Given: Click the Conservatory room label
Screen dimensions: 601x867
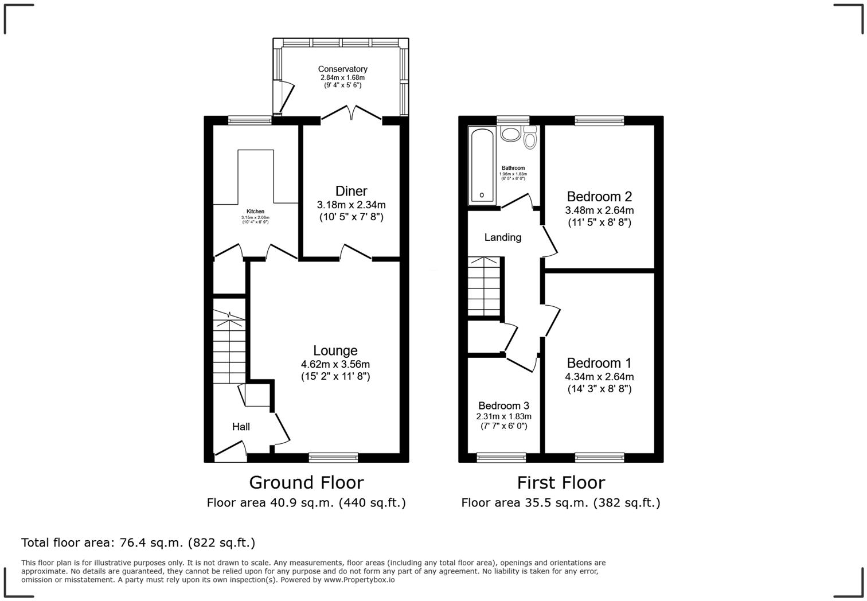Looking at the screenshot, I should coord(342,69).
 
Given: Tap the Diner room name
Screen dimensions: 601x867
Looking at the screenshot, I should coord(351,191).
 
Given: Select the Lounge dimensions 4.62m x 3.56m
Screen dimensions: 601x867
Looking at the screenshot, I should coord(335,364).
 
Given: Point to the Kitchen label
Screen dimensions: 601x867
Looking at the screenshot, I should coord(255,212).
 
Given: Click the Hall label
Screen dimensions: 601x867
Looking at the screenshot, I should coord(241,427).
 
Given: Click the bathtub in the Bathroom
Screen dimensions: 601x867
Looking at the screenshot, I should coord(482,166).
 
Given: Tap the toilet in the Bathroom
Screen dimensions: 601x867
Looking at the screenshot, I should coord(530,138).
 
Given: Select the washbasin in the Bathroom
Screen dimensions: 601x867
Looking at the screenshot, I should coord(509,134).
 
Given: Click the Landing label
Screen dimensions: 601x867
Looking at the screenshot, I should coord(502,237).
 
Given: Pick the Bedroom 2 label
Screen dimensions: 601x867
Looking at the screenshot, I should coord(599,197).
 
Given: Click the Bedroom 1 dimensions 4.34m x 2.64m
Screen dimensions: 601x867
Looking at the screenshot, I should coord(599,377).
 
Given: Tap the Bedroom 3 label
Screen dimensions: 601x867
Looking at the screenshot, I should coord(503,406).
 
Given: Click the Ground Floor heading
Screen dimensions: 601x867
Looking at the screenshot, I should coord(306,482).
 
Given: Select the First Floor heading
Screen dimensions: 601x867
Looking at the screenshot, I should coord(560,482).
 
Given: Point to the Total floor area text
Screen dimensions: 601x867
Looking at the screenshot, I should coord(138,543).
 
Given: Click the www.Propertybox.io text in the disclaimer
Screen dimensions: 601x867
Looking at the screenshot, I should coord(359,580).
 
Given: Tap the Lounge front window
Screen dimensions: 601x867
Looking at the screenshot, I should coord(333,457).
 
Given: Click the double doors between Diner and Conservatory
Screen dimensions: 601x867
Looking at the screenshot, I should coord(352,114).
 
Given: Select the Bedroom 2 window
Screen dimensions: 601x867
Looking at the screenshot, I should coord(599,120).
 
